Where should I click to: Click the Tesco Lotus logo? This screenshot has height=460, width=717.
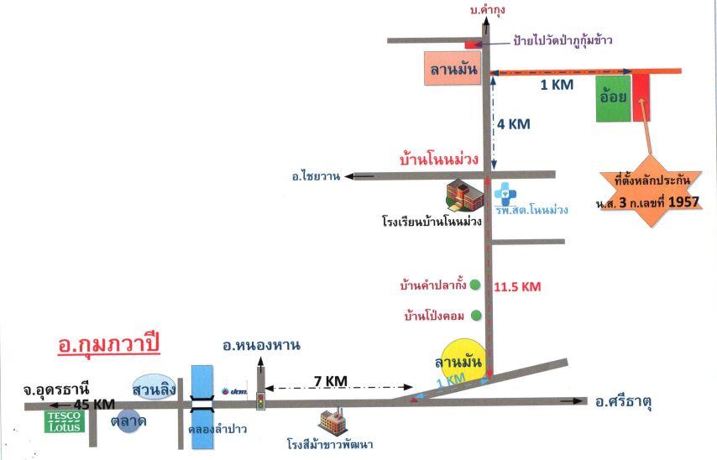click(x=64, y=421)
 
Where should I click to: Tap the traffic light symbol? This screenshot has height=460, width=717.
click(x=260, y=400)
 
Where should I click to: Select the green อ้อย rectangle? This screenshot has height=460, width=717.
click(x=613, y=99)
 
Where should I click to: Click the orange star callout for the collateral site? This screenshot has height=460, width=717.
click(x=649, y=191)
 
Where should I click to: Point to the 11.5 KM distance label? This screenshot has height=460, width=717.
click(x=517, y=287)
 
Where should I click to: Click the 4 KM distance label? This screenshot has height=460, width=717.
click(x=514, y=124)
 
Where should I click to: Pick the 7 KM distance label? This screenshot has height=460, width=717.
click(x=331, y=380)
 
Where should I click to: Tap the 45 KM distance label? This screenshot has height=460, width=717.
click(x=94, y=405)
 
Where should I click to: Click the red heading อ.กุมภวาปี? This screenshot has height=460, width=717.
click(x=109, y=345)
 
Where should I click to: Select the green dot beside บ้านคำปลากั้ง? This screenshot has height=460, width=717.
click(x=475, y=285)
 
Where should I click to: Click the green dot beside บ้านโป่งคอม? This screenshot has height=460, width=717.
click(x=476, y=315)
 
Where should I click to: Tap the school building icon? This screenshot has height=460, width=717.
click(x=464, y=196)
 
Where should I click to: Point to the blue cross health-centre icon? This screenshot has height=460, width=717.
click(x=505, y=194)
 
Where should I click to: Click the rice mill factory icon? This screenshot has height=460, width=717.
click(x=333, y=422)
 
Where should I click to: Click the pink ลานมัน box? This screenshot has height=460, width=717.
click(x=453, y=68)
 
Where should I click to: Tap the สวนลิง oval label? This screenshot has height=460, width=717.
click(x=154, y=388)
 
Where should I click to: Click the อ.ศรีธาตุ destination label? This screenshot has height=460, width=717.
click(x=623, y=401)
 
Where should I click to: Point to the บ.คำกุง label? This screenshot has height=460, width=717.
click(x=488, y=9)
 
